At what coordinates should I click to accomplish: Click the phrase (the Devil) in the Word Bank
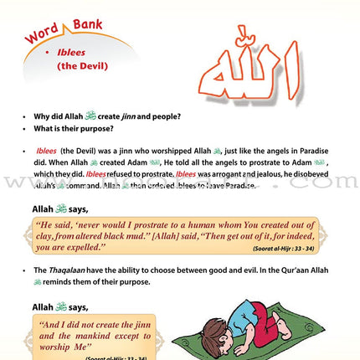[x=79, y=75]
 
